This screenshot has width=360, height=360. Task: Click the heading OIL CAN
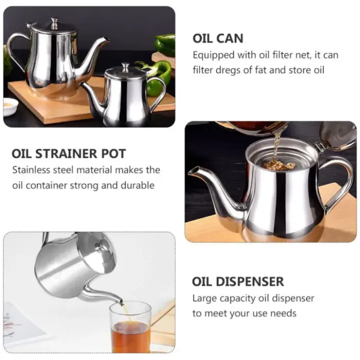tap(218, 39)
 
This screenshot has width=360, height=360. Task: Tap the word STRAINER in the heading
tap(66, 154)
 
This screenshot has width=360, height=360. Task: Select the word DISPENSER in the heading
tap(250, 281)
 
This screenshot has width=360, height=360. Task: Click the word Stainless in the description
tap(31, 170)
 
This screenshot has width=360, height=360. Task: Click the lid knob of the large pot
tap(55, 23)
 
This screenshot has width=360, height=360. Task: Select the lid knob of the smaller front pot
tap(126, 67)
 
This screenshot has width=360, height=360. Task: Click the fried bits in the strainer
tap(279, 165)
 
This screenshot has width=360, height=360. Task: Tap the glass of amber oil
tap(130, 327)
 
